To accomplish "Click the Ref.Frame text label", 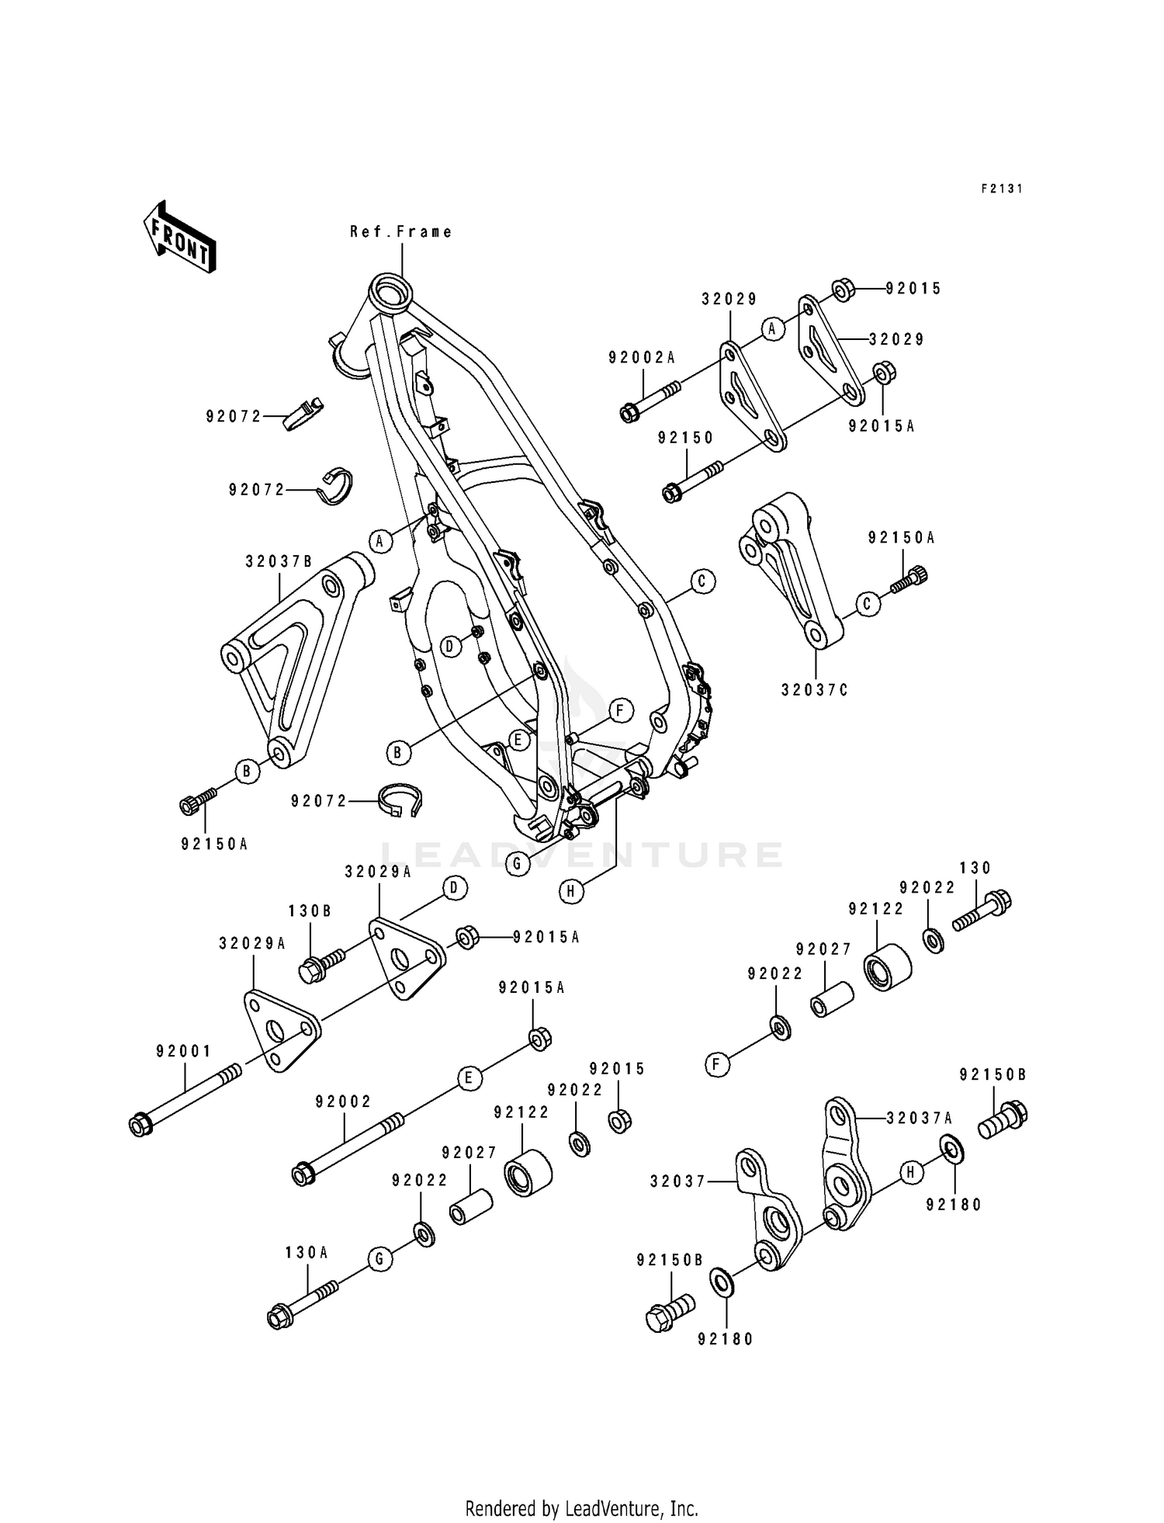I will click(401, 231).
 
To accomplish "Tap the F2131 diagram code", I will click(1002, 188).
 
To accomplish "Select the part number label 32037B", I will click(279, 561).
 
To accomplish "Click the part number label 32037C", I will click(816, 689).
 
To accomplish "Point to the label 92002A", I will click(642, 357).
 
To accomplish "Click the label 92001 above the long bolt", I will click(184, 1052).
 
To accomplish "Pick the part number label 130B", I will click(310, 911).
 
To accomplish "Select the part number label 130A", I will click(307, 1252).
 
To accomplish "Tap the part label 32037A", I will click(920, 1119).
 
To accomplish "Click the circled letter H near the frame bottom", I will click(570, 892).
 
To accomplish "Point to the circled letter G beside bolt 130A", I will click(379, 1260).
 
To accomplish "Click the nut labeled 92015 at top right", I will click(844, 290).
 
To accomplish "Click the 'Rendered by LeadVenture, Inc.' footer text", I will click(581, 1509).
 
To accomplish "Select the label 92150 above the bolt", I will click(685, 438).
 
